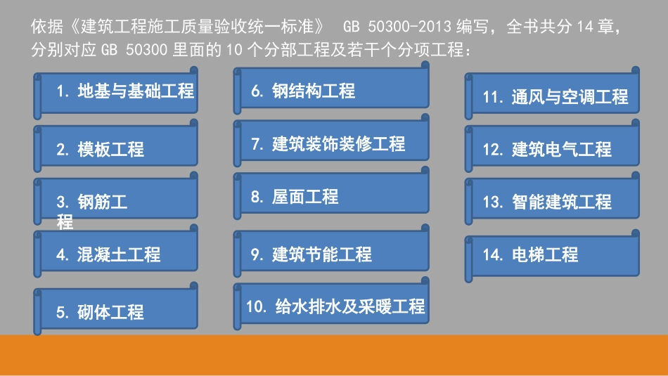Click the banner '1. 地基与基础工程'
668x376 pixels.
coord(116,93)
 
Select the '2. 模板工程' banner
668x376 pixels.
coord(116,145)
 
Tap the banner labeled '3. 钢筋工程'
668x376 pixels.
coord(116,198)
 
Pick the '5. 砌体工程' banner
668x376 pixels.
coord(116,309)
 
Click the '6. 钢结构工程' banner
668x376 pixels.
coord(331,88)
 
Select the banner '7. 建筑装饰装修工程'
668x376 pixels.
coord(331,141)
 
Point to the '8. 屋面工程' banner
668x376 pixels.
coord(331,193)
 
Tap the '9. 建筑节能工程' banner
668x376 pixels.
coord(331,251)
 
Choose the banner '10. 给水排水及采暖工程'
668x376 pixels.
coord(331,304)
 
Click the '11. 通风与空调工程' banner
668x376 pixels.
coord(552,93)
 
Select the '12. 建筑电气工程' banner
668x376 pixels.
coord(552,145)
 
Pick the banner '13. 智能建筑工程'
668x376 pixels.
coord(552,198)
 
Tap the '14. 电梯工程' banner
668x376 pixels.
coord(552,256)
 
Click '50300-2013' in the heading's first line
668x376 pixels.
coord(409,27)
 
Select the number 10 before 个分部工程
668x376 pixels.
coord(234,50)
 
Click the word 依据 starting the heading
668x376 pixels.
coord(47,27)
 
